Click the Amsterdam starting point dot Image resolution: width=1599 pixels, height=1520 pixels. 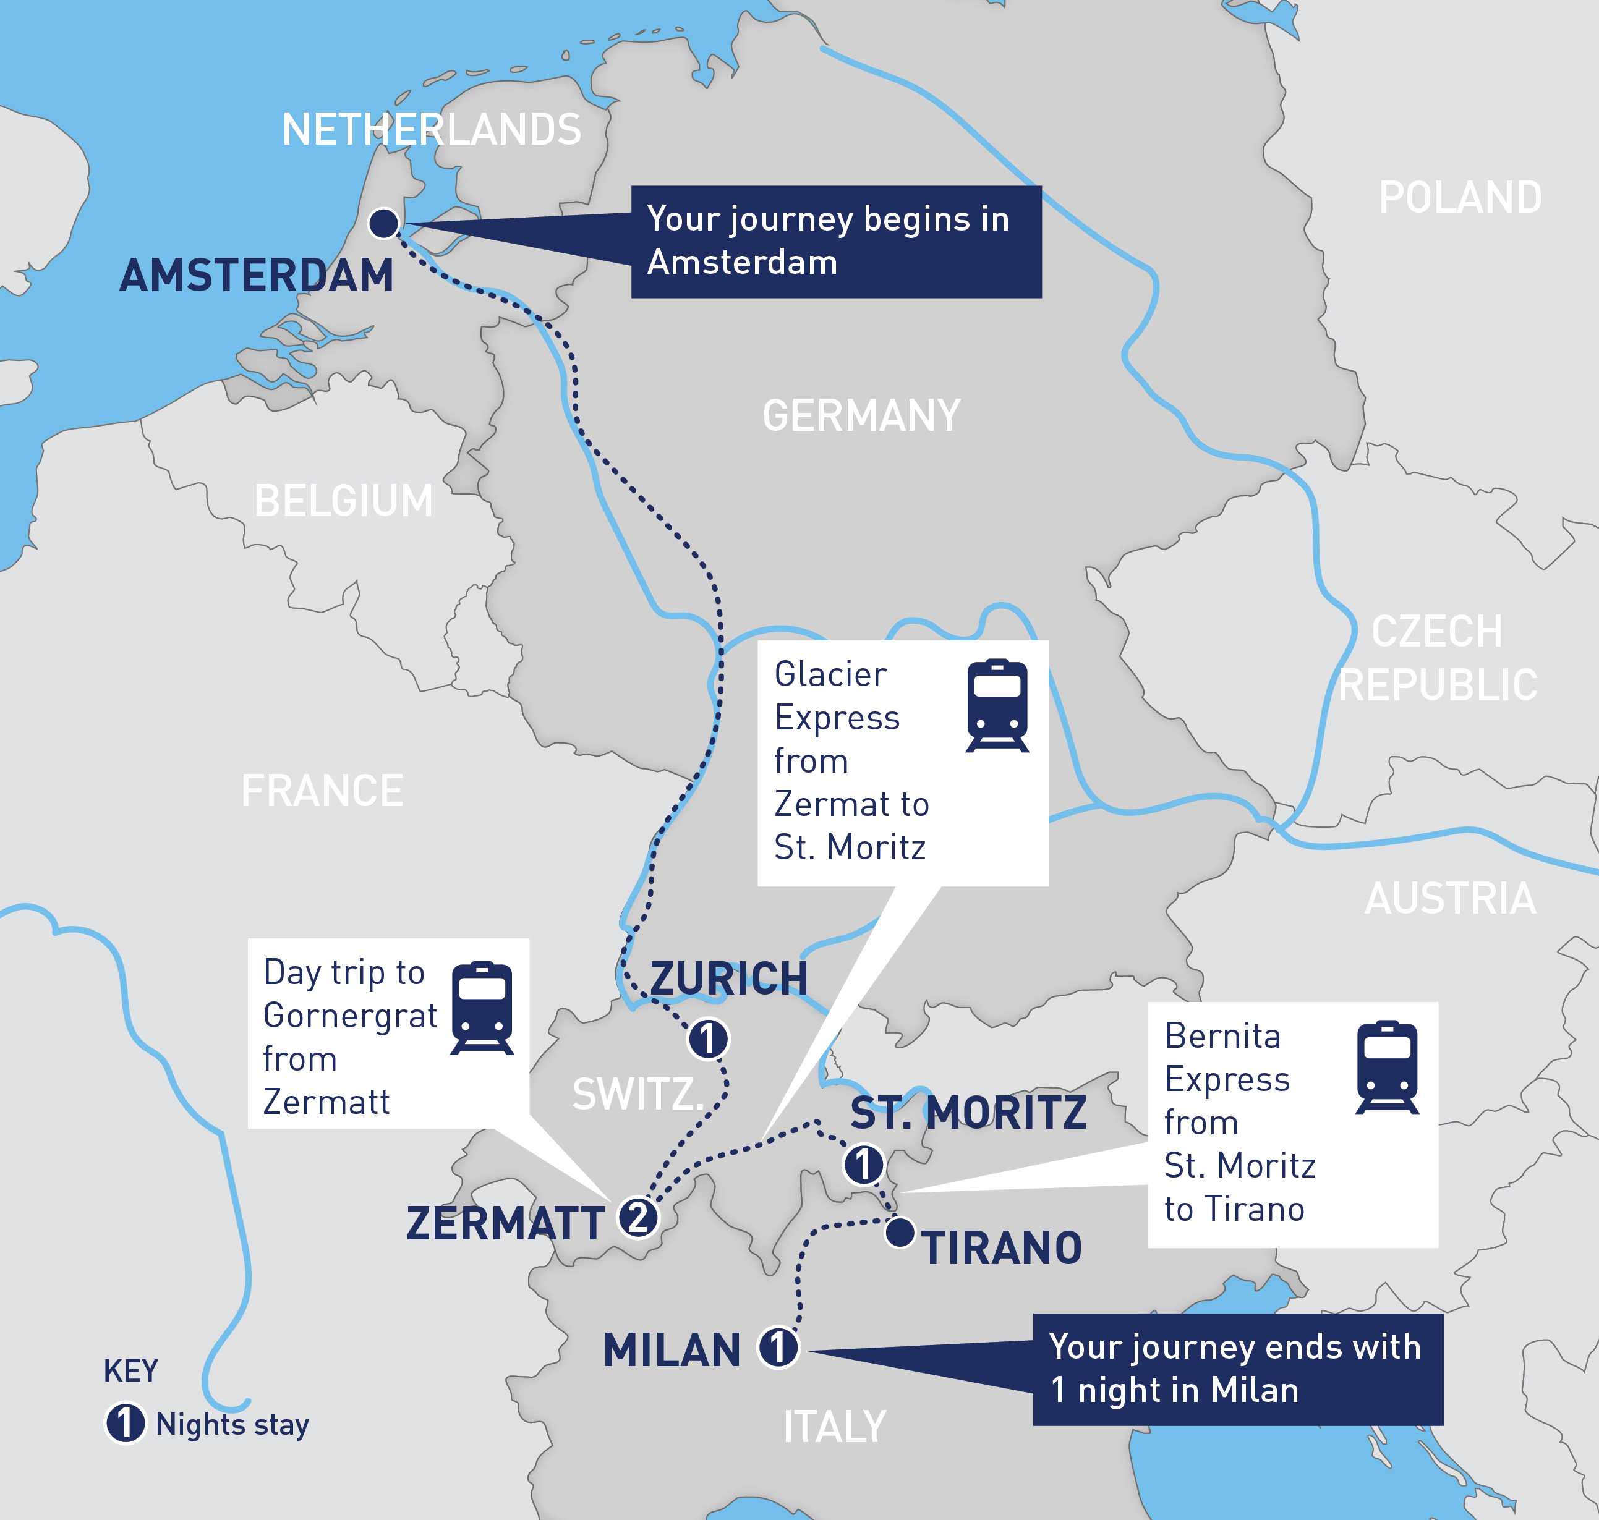[383, 223]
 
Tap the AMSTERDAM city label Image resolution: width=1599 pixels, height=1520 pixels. [256, 276]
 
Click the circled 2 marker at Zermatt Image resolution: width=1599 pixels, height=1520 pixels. [639, 1217]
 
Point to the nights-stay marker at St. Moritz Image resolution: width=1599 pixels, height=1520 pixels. [864, 1165]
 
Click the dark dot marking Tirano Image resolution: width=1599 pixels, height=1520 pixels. [900, 1233]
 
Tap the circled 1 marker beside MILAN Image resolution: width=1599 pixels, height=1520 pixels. [778, 1348]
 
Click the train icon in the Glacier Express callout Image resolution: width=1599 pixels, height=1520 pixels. [997, 705]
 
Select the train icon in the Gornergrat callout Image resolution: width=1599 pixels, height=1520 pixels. [482, 1008]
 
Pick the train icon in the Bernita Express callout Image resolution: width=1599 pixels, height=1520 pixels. [1387, 1066]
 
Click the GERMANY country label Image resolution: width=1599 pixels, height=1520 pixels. [861, 415]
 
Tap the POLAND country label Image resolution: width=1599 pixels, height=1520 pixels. [1460, 198]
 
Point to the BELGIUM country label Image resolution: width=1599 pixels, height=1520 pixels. [344, 501]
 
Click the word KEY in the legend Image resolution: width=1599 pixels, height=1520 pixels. [130, 1371]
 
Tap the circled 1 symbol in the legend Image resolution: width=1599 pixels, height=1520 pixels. [126, 1424]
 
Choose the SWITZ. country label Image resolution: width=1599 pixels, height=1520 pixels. [637, 1095]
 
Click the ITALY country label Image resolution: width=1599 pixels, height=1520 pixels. [834, 1427]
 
